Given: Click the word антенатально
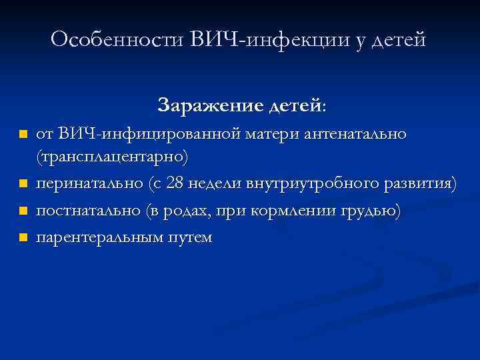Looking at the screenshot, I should (355, 135).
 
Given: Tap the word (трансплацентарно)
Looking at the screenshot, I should (113, 157).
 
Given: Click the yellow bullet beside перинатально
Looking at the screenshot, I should (23, 183).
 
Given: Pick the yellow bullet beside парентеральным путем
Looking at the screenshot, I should (23, 237).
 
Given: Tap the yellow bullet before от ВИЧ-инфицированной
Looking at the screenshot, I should (23, 135).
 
